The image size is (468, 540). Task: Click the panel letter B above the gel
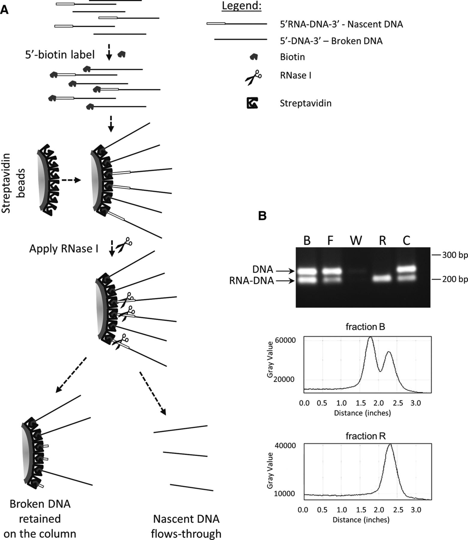262,216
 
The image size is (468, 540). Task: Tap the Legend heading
241,6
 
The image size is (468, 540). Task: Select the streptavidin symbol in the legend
252,103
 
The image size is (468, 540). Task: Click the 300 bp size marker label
455,256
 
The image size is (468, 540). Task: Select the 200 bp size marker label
455,280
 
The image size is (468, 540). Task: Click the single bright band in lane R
382,279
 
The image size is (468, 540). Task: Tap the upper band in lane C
406,268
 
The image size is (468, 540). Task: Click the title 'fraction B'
365,327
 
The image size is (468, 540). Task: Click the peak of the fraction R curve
390,445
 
